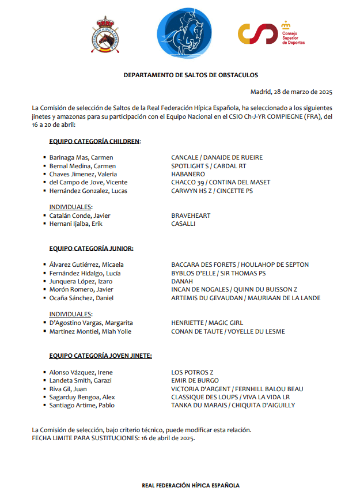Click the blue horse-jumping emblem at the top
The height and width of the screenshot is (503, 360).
click(x=181, y=35)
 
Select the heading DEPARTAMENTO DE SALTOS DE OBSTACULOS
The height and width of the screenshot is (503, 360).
click(x=191, y=75)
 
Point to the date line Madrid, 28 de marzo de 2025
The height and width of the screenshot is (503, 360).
click(x=291, y=92)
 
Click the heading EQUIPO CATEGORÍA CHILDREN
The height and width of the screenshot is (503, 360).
click(x=94, y=141)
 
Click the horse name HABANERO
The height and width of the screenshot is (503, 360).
click(x=188, y=174)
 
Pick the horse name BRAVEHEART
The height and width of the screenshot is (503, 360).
click(x=191, y=215)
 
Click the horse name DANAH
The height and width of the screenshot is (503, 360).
click(x=182, y=281)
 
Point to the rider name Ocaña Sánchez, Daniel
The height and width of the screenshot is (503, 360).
click(x=81, y=298)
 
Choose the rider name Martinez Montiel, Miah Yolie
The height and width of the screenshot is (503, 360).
click(x=90, y=331)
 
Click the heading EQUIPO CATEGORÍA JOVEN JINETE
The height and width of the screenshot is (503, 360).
click(x=100, y=356)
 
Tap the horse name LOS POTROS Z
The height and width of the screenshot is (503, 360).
click(x=192, y=372)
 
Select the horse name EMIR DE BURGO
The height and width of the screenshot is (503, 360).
click(x=195, y=380)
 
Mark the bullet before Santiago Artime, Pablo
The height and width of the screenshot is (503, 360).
click(x=44, y=405)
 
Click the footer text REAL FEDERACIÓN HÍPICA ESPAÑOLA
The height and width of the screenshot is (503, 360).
click(x=191, y=486)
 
